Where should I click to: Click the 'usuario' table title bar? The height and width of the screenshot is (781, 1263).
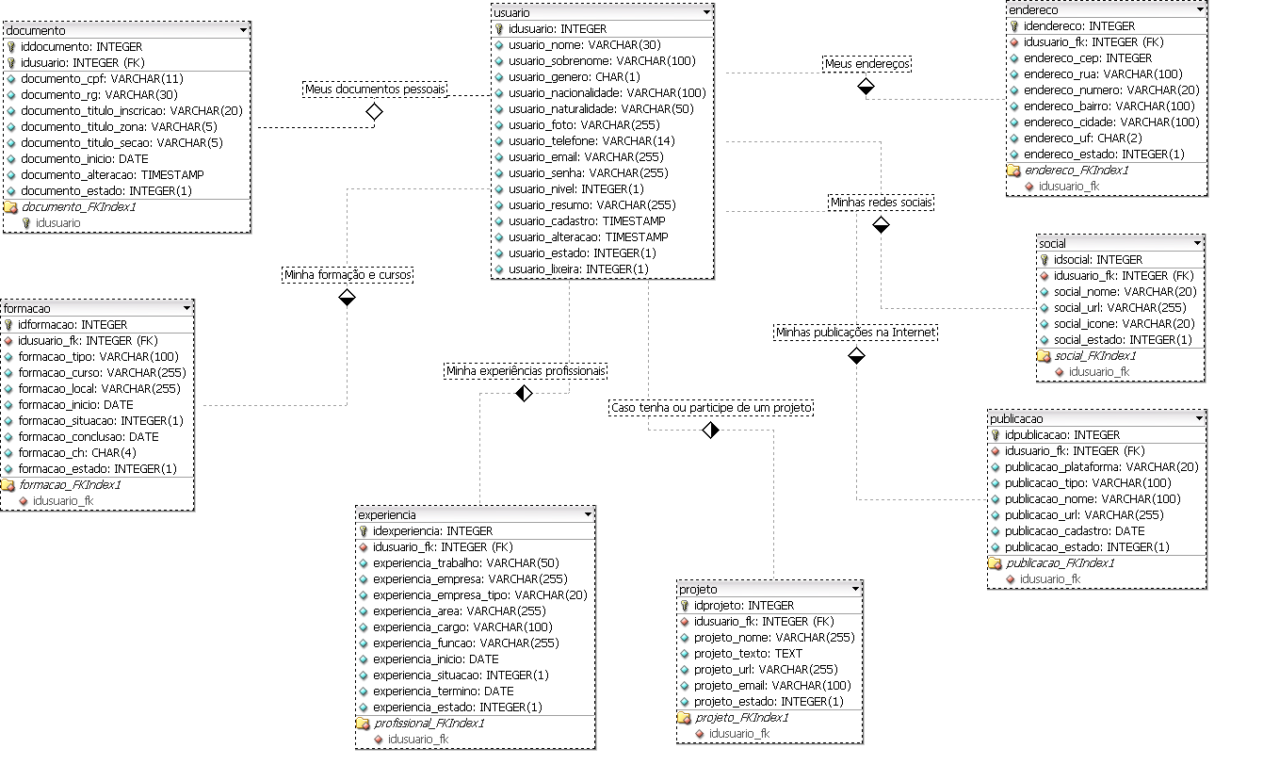pyautogui.click(x=602, y=12)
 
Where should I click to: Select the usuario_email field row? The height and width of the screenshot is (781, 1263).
pyautogui.click(x=585, y=156)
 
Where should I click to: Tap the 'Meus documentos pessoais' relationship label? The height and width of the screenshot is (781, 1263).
pyautogui.click(x=375, y=89)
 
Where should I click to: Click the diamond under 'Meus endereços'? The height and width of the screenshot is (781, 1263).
pyautogui.click(x=866, y=87)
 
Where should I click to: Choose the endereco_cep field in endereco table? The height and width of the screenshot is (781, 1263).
pyautogui.click(x=1087, y=57)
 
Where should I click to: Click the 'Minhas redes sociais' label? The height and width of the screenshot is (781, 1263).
pyautogui.click(x=881, y=202)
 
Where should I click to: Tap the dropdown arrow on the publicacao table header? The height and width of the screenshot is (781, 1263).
pyautogui.click(x=1199, y=417)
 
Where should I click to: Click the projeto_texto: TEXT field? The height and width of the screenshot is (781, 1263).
pyautogui.click(x=748, y=653)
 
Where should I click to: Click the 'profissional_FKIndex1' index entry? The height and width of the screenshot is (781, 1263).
pyautogui.click(x=429, y=723)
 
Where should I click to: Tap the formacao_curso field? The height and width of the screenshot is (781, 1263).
pyautogui.click(x=102, y=372)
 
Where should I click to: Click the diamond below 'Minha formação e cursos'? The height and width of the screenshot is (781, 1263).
pyautogui.click(x=347, y=298)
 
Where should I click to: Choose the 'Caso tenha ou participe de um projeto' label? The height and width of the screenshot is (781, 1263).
pyautogui.click(x=711, y=408)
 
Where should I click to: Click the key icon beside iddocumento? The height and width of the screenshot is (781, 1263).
pyautogui.click(x=11, y=46)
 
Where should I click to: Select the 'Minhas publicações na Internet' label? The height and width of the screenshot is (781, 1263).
pyautogui.click(x=855, y=332)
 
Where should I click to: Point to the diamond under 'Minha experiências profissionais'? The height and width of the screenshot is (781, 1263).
pyautogui.click(x=525, y=394)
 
